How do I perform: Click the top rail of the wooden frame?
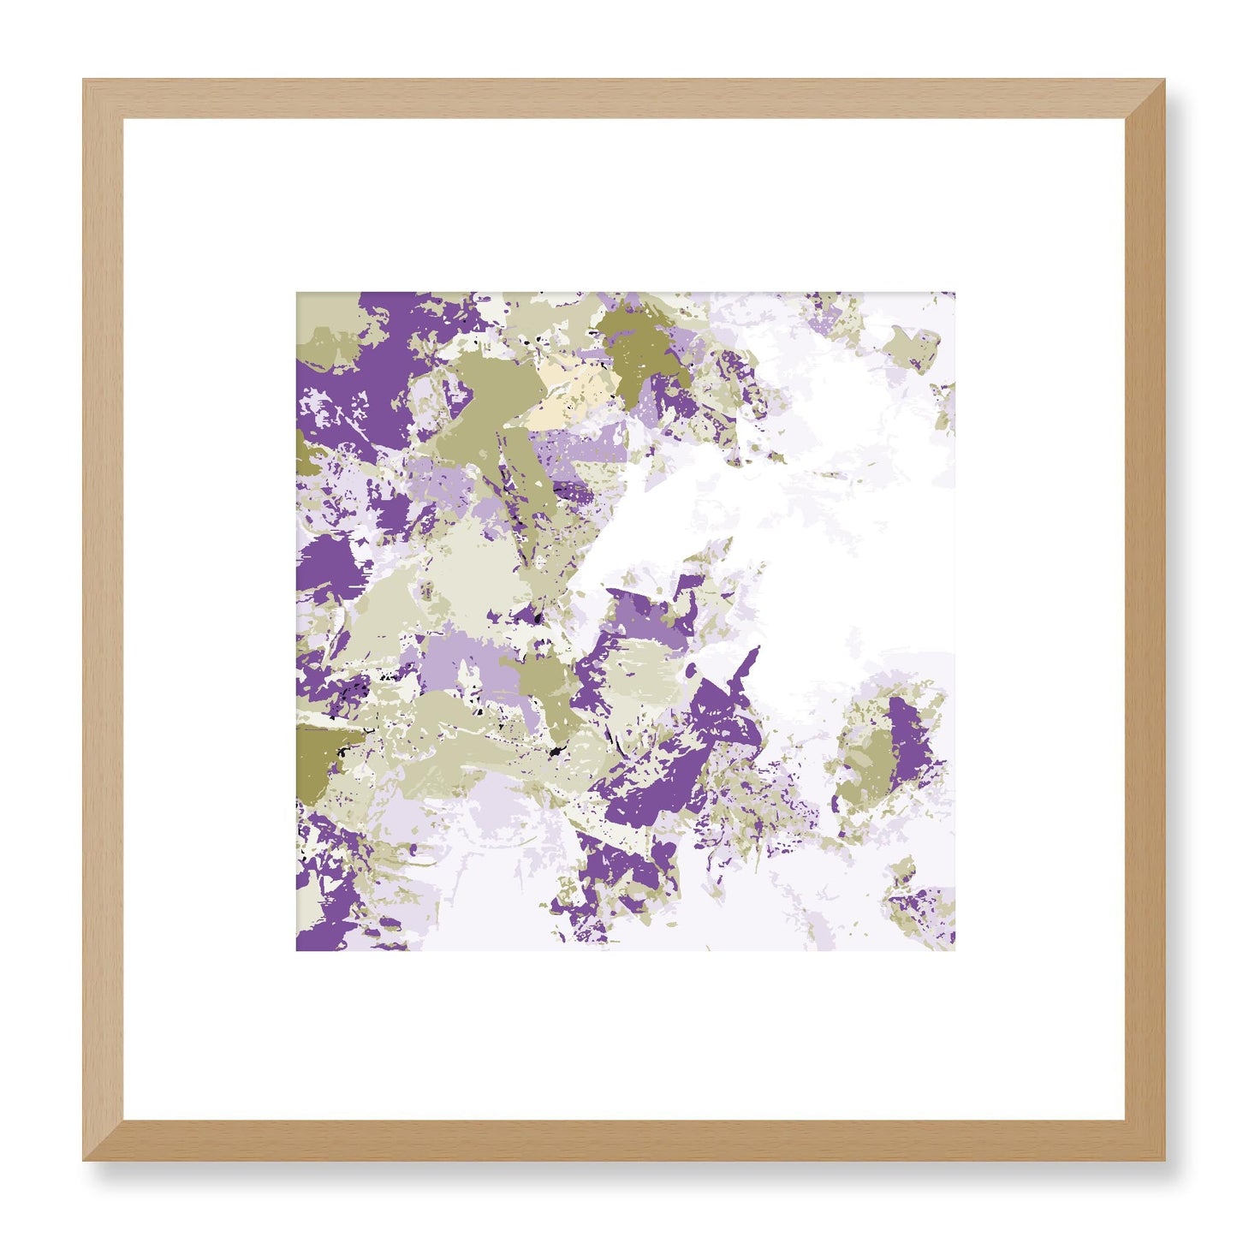point(623,98)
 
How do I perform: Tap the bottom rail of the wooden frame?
point(623,1140)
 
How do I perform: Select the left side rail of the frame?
point(103,620)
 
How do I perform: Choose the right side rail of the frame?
point(1145,620)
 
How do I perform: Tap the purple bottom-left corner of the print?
point(301,944)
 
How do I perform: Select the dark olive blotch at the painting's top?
point(638,347)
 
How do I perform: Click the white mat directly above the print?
point(623,205)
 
